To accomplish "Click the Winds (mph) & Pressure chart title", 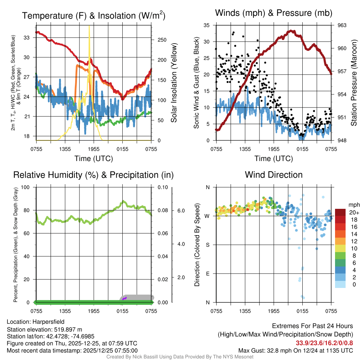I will [274, 13].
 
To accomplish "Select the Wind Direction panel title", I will [274, 175].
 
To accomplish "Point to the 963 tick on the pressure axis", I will [342, 25].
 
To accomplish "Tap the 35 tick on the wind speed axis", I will [207, 25].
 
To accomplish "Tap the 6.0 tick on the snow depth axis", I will [181, 211].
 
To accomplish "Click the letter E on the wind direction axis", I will [208, 274].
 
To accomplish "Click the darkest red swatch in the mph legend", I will [341, 212].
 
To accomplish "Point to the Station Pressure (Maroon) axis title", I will [354, 83].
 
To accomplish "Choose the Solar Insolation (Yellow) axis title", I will [174, 83].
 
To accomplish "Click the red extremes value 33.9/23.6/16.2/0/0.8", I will [324, 343].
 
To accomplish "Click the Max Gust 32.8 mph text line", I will [295, 351].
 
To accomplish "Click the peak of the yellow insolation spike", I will [89, 26].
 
